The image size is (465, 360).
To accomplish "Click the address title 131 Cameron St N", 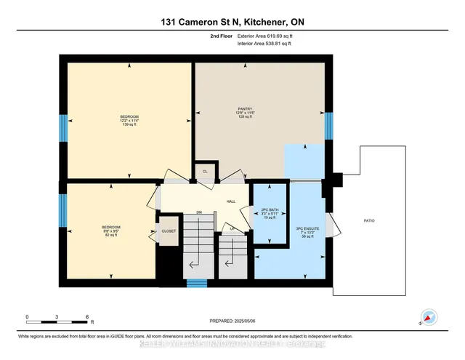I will (x=232, y=22).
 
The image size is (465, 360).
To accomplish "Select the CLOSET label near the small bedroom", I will (x=168, y=231).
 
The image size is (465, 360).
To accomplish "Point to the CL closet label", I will (x=205, y=171).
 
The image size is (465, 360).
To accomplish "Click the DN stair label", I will (x=198, y=212).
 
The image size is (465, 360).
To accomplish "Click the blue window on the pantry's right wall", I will (x=328, y=126).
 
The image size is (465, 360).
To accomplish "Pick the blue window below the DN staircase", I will (x=194, y=284).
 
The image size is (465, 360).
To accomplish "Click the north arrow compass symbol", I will (x=428, y=317).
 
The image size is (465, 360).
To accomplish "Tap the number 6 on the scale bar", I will (x=86, y=318).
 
